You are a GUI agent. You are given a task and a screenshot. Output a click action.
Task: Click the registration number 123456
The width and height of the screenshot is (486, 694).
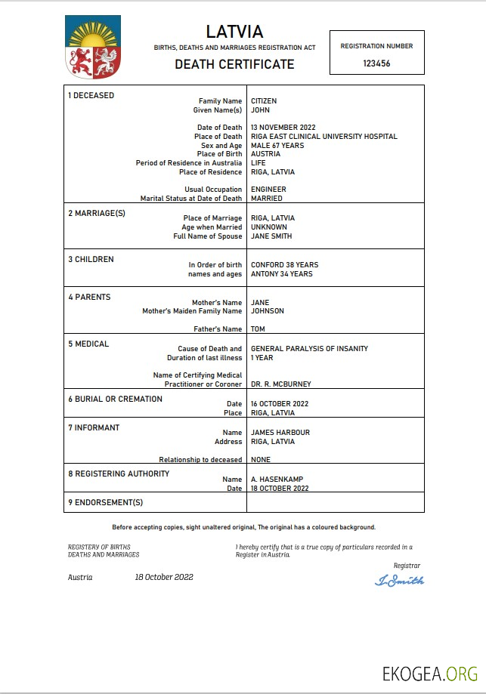376,64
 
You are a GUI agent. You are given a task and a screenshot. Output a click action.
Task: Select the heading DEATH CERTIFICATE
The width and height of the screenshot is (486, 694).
234,64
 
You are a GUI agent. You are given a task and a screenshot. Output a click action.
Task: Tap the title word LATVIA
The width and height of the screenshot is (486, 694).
234,32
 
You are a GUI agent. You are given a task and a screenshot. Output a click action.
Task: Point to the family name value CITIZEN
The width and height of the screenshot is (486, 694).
264,101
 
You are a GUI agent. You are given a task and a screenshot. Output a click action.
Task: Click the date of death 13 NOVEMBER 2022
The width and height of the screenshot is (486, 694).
283,128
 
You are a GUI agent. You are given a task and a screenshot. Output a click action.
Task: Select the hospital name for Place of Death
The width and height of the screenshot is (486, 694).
323,137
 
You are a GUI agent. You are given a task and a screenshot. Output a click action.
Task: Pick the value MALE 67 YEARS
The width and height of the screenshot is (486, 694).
277,146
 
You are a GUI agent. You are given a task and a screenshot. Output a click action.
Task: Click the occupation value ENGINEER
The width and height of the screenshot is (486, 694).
268,190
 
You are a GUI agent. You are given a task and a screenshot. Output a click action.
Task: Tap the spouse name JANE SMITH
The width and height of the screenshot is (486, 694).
271,236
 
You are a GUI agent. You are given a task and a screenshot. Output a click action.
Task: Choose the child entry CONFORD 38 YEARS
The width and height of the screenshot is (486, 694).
284,265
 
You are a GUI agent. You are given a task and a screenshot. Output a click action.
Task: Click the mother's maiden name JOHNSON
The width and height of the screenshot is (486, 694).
268,311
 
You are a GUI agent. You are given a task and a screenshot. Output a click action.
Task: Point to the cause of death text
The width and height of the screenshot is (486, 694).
309,349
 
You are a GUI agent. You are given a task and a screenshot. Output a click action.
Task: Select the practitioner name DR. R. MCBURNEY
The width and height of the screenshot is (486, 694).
280,384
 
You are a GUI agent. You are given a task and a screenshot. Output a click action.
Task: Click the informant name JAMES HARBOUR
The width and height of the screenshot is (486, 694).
280,433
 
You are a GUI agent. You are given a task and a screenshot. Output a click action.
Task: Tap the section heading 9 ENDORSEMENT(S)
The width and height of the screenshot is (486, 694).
105,502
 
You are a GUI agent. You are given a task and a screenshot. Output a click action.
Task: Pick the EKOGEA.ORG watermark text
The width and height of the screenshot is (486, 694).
429,673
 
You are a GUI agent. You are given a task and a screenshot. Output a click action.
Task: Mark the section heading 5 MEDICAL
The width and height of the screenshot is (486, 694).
88,344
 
